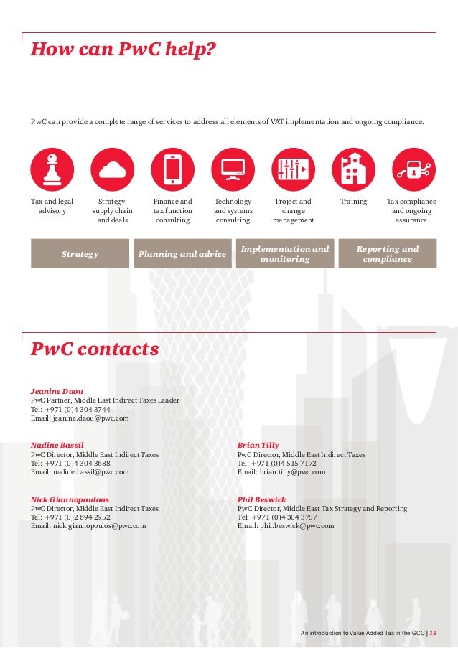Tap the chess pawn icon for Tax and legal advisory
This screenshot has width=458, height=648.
pyautogui.click(x=52, y=169)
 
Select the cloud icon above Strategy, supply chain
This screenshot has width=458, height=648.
pyautogui.click(x=112, y=169)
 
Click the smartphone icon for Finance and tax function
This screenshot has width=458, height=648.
pyautogui.click(x=172, y=169)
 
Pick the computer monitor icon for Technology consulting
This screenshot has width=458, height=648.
pyautogui.click(x=233, y=169)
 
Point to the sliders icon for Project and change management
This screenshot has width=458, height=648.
pyautogui.click(x=293, y=169)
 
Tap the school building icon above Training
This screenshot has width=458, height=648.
pyautogui.click(x=353, y=169)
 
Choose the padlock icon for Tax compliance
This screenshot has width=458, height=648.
pyautogui.click(x=413, y=169)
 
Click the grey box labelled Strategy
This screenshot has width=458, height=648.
pyautogui.click(x=80, y=254)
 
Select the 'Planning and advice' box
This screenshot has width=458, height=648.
pyautogui.click(x=182, y=254)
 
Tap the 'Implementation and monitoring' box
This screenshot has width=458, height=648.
pyautogui.click(x=285, y=254)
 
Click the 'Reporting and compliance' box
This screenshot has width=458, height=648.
pyautogui.click(x=388, y=254)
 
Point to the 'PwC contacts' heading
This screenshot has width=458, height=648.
pyautogui.click(x=94, y=349)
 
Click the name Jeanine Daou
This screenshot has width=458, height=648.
pyautogui.click(x=57, y=391)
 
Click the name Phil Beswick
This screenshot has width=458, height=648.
pyautogui.click(x=261, y=499)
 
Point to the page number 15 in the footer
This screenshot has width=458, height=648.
pyautogui.click(x=433, y=633)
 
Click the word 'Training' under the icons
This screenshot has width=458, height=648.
pyautogui.click(x=353, y=202)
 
